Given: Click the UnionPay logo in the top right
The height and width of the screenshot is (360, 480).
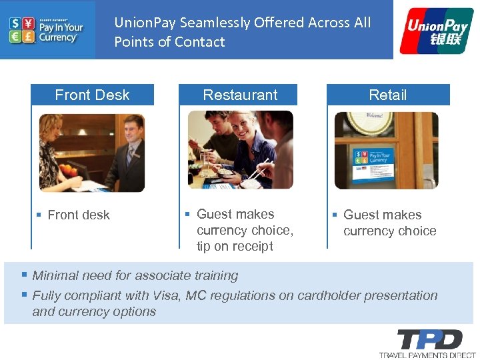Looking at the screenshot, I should tap(436, 31).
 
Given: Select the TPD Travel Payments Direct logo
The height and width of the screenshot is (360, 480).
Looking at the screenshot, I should tap(427, 343).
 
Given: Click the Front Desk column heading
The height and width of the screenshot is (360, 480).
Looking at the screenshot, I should tap(92, 95).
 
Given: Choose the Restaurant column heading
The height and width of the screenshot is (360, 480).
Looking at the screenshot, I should tap(240, 95).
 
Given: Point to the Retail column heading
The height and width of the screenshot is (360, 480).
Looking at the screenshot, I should tap(388, 95).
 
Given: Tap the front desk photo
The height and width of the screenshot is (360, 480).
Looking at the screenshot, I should tap(92, 153).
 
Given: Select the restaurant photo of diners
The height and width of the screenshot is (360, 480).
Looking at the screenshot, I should tap(240, 150).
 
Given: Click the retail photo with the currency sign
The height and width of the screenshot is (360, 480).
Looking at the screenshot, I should tap(387, 150).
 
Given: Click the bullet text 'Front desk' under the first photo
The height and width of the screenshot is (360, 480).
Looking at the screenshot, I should tap(79, 215).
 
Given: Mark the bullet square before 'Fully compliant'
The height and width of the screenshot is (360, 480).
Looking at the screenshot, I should tap(24, 295).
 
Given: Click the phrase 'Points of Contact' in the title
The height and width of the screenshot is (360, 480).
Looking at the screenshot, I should tap(169, 42).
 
